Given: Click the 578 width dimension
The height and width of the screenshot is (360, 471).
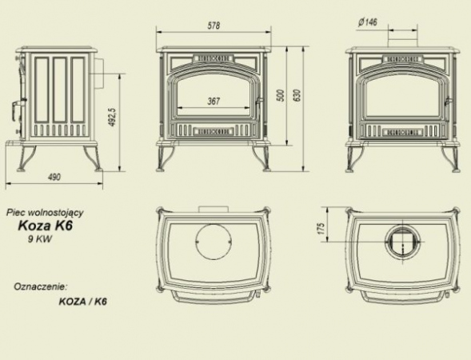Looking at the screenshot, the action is pyautogui.click(x=214, y=26).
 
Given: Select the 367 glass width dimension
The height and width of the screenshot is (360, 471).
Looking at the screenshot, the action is pyautogui.click(x=214, y=102).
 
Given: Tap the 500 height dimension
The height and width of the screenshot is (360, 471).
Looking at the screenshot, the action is pyautogui.click(x=281, y=95).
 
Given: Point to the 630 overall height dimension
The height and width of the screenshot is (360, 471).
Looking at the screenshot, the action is pyautogui.click(x=297, y=95).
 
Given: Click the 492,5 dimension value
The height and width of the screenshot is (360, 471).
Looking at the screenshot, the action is pyautogui.click(x=113, y=117).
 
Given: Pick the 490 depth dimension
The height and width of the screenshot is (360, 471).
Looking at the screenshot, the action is pyautogui.click(x=54, y=177).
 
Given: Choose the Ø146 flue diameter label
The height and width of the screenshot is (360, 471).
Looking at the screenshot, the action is pyautogui.click(x=367, y=22).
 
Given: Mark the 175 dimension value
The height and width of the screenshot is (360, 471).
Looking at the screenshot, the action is pyautogui.click(x=321, y=228).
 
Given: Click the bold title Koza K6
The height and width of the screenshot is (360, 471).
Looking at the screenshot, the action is pyautogui.click(x=46, y=226).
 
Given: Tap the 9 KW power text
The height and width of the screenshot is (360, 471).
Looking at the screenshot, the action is pyautogui.click(x=40, y=239).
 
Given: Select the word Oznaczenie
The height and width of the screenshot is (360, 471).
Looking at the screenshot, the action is pyautogui.click(x=40, y=286).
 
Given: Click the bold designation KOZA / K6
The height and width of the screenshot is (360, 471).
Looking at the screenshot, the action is pyautogui.click(x=83, y=302).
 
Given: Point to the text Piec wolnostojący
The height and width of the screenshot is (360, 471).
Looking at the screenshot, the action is pyautogui.click(x=45, y=213).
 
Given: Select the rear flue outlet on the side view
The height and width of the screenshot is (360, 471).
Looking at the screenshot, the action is pyautogui.click(x=100, y=73).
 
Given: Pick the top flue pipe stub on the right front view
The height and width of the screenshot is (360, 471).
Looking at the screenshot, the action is pyautogui.click(x=402, y=42).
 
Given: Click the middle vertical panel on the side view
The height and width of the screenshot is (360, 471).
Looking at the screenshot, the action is pyautogui.click(x=60, y=90).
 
